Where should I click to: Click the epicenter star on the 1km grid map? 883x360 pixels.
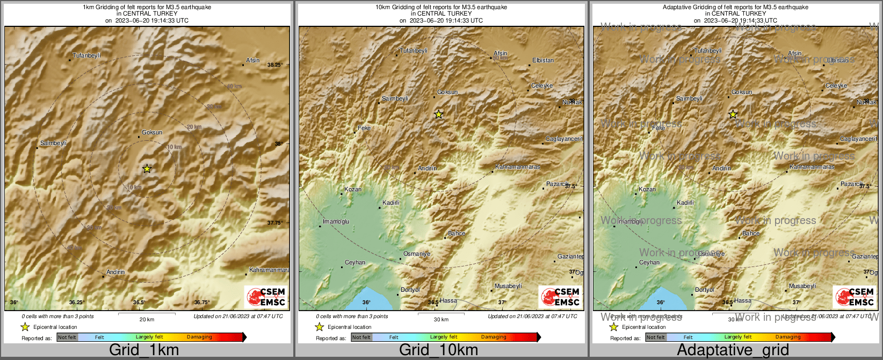pyautogui.click(x=147, y=169)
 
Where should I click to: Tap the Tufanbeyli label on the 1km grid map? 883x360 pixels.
pyautogui.click(x=86, y=56)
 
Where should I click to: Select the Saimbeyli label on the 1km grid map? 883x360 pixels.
pyautogui.click(x=53, y=143)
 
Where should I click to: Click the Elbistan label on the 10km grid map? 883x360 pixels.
pyautogui.click(x=542, y=61)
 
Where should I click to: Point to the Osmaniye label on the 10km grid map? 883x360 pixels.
pyautogui.click(x=417, y=254)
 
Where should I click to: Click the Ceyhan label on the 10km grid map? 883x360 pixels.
pyautogui.click(x=355, y=263)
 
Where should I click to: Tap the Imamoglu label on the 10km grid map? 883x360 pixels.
pyautogui.click(x=336, y=222)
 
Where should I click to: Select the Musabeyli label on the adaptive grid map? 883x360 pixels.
pyautogui.click(x=802, y=286)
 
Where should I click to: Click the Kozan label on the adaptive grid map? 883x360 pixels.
pyautogui.click(x=647, y=190)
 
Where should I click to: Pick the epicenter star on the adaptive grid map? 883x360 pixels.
pyautogui.click(x=733, y=114)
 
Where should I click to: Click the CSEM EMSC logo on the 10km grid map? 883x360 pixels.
pyautogui.click(x=560, y=297)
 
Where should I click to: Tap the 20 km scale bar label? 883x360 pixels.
pyautogui.click(x=147, y=320)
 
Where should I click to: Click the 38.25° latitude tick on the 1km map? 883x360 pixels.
pyautogui.click(x=274, y=65)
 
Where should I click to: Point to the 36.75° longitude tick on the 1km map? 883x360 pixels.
pyautogui.click(x=202, y=303)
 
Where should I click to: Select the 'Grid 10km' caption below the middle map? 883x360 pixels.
pyautogui.click(x=438, y=350)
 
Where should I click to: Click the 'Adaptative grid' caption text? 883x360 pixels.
pyautogui.click(x=733, y=350)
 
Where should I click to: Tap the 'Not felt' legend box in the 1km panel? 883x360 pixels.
pyautogui.click(x=67, y=337)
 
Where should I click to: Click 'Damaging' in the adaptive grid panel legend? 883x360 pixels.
pyautogui.click(x=788, y=337)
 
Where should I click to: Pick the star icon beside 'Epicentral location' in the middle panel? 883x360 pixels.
pyautogui.click(x=319, y=327)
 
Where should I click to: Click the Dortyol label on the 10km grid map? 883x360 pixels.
pyautogui.click(x=410, y=290)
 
